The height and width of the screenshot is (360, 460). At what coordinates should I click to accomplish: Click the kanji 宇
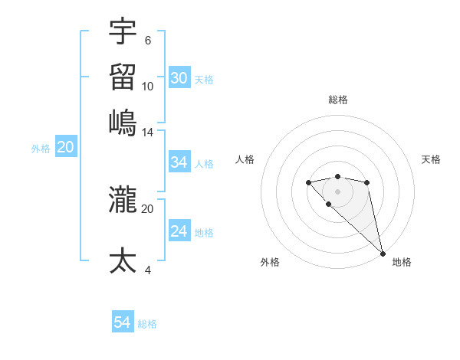[x=123, y=32]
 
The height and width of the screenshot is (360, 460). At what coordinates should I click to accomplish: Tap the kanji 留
[x=123, y=77]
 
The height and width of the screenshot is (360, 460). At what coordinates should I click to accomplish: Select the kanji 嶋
[x=123, y=123]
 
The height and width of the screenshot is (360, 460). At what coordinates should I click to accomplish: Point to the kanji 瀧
[x=123, y=200]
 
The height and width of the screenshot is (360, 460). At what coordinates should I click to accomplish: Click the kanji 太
[x=123, y=260]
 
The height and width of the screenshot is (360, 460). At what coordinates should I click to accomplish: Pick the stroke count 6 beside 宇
[x=148, y=41]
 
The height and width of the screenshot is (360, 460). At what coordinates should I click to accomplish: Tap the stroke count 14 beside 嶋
[x=148, y=133]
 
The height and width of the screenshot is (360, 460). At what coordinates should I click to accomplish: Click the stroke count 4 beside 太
[x=148, y=270]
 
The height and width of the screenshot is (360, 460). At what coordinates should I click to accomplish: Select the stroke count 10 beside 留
[x=148, y=86]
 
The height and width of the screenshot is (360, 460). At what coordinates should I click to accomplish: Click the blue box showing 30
[x=179, y=78]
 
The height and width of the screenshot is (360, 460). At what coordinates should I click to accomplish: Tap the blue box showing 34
[x=179, y=162]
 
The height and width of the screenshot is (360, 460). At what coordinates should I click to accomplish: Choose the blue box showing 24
[x=179, y=231]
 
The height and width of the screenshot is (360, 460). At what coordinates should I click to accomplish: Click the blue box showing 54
[x=123, y=323]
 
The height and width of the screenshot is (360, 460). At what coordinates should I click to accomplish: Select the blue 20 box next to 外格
[x=65, y=148]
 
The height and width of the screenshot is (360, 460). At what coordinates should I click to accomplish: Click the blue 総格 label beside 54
[x=148, y=324]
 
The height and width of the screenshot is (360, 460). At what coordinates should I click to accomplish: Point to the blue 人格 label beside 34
[x=204, y=163]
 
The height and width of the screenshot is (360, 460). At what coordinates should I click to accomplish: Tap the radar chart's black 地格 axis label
[x=402, y=262]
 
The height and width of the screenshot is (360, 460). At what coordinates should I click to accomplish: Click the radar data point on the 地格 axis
[x=383, y=253]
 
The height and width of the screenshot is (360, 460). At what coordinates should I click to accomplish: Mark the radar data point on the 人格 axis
[x=308, y=182]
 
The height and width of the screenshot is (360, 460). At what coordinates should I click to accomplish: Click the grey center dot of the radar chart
[x=337, y=191]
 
